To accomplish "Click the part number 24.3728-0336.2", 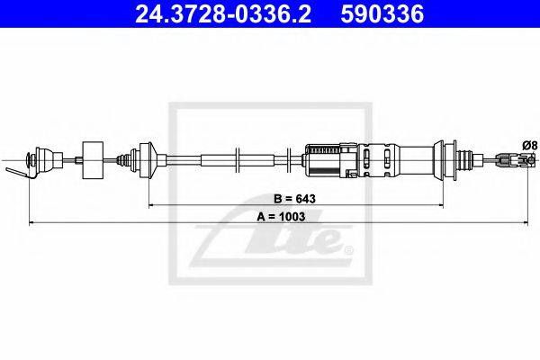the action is [x=223, y=13].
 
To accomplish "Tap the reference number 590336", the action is [x=382, y=13].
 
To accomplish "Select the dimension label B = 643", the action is [x=295, y=199].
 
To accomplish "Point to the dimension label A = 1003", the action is [x=281, y=217].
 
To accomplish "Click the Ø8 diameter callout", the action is [x=529, y=146].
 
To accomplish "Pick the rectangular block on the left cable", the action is [x=93, y=160].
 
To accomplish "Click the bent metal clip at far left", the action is [x=20, y=172].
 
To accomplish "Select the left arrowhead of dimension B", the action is [x=151, y=206].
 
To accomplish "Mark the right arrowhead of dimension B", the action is [x=440, y=206].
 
